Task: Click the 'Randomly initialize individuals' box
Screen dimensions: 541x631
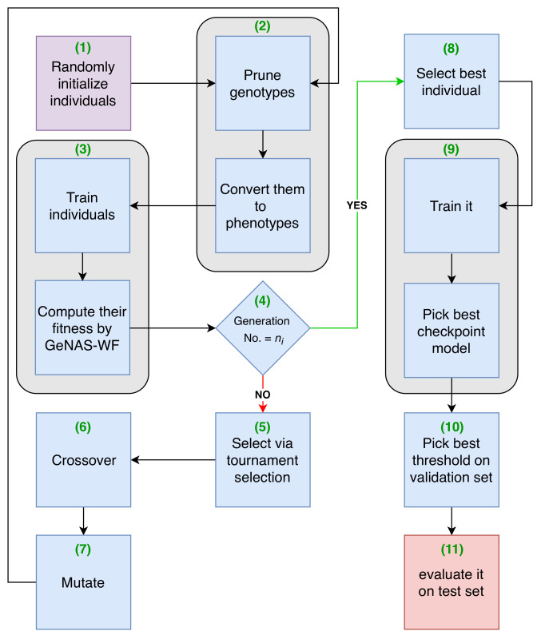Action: tap(83, 83)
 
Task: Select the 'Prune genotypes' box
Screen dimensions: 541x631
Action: tap(263, 83)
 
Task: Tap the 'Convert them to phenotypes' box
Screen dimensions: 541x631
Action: tap(263, 205)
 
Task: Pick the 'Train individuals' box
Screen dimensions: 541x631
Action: tap(82, 205)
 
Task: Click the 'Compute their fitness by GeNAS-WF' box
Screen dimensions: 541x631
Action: tap(82, 327)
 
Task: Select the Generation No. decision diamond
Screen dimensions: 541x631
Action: tap(263, 328)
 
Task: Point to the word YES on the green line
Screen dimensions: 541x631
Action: tap(357, 205)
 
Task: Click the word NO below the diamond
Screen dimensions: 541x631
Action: tap(263, 395)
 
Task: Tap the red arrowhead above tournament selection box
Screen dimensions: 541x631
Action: tap(263, 408)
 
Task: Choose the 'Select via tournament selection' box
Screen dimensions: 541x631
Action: tap(263, 459)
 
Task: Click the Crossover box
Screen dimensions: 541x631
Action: tap(83, 459)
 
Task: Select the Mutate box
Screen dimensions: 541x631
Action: tap(83, 582)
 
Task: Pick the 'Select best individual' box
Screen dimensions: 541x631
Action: tap(451, 81)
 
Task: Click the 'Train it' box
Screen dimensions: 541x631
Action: tap(451, 205)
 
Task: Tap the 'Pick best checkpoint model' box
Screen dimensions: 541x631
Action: tap(451, 331)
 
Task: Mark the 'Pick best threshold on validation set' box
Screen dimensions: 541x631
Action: tap(451, 459)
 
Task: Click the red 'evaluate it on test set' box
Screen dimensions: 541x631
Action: tap(451, 582)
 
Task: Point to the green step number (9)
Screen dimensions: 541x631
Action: tap(451, 149)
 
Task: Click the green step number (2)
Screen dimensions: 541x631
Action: tap(262, 26)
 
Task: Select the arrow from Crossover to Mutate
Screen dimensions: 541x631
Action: tap(83, 521)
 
